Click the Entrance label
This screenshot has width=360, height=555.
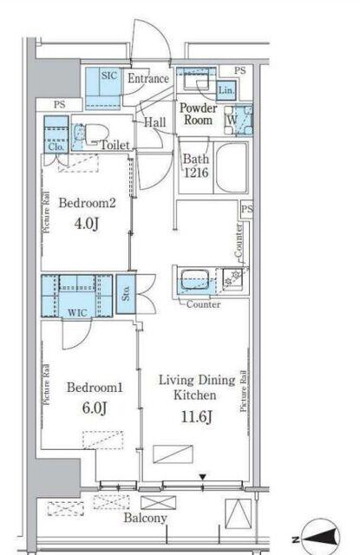(148, 78)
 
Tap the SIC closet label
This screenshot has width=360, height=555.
(109, 75)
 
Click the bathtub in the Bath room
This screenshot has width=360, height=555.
(232, 167)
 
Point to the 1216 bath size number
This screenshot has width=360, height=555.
(196, 173)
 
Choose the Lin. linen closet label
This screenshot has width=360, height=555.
(226, 90)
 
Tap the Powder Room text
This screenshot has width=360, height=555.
(199, 114)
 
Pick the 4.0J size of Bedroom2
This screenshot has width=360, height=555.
(87, 224)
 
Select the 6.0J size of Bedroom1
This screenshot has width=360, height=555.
(95, 408)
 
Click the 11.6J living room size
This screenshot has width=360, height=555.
(196, 416)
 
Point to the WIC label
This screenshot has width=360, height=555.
(77, 312)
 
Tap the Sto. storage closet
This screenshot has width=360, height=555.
(126, 294)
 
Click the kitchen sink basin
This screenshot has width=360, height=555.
(194, 279)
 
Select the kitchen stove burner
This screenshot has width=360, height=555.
(233, 277)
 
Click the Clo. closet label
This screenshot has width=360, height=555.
(56, 147)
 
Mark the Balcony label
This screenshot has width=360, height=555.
(145, 519)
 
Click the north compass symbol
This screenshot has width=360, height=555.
(317, 539)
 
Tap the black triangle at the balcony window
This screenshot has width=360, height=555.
(202, 478)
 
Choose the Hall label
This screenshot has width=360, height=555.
(155, 122)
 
